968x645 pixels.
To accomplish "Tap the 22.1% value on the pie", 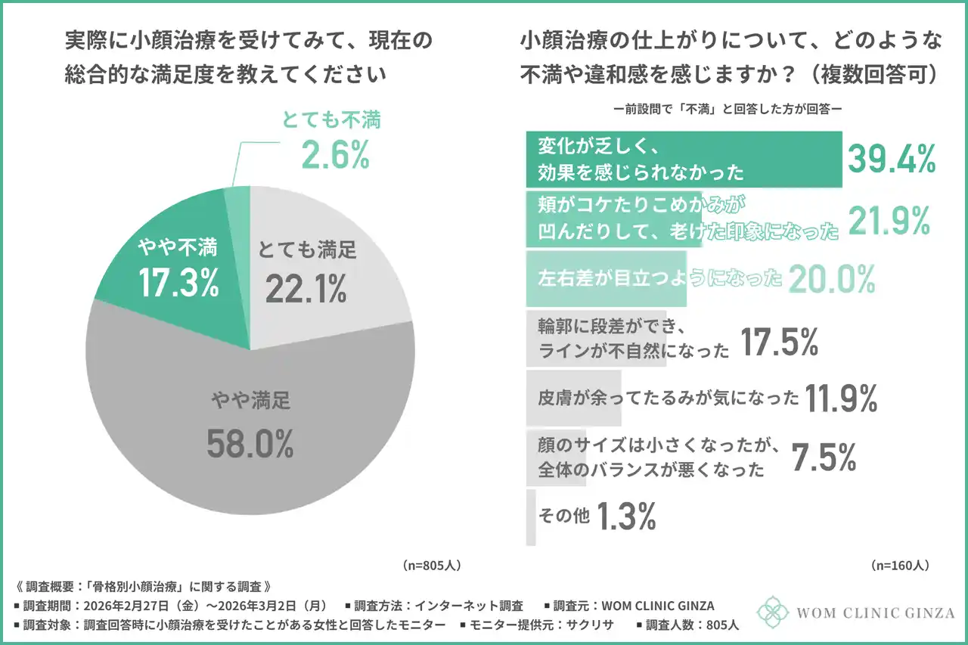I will tap(306, 287).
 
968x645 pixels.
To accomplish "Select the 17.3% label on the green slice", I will tap(178, 281).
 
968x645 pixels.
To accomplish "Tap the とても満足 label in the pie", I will tap(306, 249).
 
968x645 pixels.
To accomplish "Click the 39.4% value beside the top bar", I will tap(892, 159).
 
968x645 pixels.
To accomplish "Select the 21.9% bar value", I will tap(889, 220).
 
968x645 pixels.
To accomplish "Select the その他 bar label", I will tap(563, 516).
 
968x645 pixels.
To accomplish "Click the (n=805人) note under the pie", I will tap(431, 565).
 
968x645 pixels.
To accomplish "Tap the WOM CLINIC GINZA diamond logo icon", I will tap(773, 612).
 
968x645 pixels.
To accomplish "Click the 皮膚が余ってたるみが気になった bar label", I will tap(669, 398).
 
